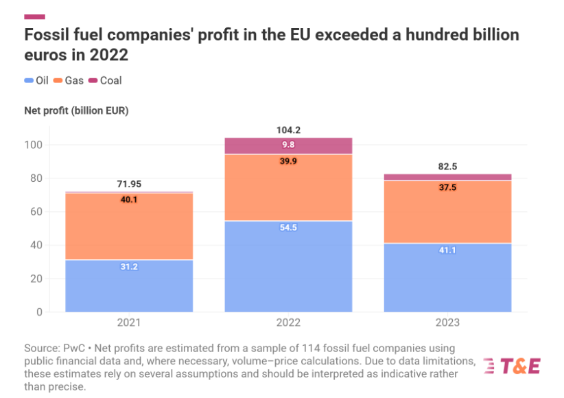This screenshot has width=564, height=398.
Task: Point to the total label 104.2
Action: point(289,130)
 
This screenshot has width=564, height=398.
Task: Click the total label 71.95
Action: point(129,184)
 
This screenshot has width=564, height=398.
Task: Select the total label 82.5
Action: point(447,166)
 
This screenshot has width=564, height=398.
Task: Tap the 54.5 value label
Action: point(289,228)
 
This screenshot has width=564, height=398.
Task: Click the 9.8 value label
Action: point(289,145)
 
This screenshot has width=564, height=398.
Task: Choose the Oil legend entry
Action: point(36,80)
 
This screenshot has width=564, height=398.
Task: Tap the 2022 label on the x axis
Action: point(289,323)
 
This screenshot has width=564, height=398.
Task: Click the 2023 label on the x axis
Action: point(447,323)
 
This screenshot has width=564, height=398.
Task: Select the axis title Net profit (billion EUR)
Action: point(76,110)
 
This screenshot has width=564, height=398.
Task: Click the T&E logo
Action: point(511,366)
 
